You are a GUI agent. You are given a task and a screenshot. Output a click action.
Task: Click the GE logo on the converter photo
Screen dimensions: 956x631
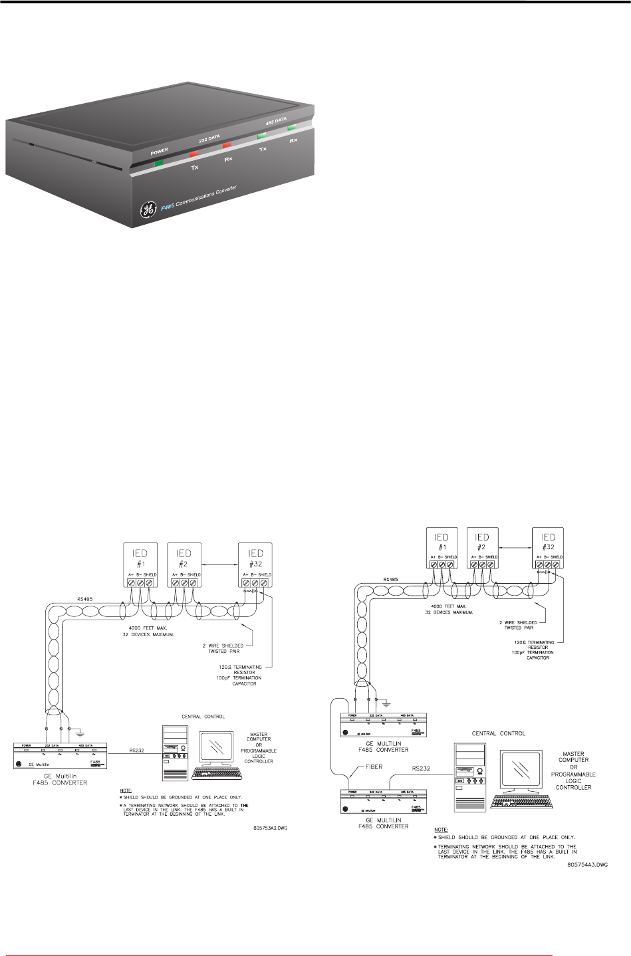pyautogui.click(x=147, y=209)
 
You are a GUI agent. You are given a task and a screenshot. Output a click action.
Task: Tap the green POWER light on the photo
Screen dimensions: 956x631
pyautogui.click(x=159, y=162)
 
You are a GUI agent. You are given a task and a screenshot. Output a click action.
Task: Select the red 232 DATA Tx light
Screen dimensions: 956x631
pyautogui.click(x=195, y=154)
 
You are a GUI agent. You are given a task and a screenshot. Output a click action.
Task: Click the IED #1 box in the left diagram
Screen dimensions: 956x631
pyautogui.click(x=140, y=564)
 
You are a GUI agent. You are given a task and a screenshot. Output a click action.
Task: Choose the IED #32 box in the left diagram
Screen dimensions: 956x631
pyautogui.click(x=255, y=564)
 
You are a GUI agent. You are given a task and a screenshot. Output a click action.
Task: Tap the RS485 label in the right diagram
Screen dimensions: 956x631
pyautogui.click(x=392, y=579)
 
